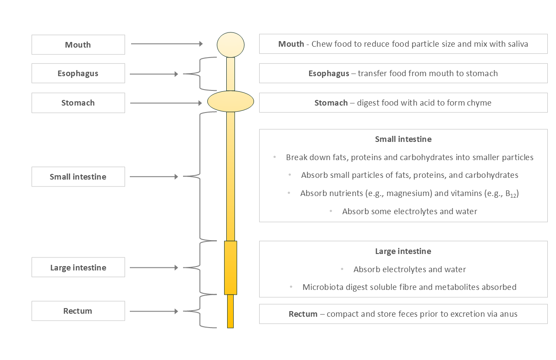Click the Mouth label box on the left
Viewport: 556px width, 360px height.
78,45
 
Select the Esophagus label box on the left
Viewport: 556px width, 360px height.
78,74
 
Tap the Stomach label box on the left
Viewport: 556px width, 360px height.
78,103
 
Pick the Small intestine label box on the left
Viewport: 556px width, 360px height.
78,177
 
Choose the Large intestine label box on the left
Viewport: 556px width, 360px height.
78,268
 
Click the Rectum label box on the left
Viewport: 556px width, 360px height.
78,311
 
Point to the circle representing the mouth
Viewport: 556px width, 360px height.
231,45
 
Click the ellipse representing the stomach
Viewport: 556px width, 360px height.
231,102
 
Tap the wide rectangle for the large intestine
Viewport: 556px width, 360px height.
231,268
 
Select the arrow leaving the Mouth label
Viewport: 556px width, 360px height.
167,44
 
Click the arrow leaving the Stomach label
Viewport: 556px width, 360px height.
167,103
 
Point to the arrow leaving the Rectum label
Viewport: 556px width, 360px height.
154,311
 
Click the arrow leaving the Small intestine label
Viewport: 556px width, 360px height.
154,177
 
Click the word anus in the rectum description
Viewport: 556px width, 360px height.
508,314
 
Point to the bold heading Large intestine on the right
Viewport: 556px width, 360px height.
403,251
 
